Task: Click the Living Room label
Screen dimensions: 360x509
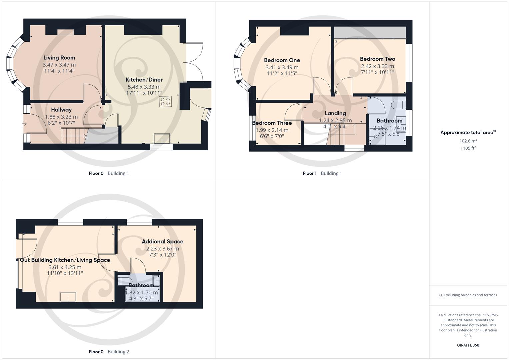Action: click(59, 58)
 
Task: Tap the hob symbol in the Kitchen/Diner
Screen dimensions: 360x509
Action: click(166, 102)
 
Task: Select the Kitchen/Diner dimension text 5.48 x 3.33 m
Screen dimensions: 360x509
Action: click(144, 87)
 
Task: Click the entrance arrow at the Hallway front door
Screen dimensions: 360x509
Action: click(24, 124)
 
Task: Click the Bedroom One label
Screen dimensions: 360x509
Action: click(282, 60)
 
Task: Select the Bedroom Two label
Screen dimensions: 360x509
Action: click(377, 59)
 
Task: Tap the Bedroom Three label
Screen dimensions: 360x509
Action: click(272, 123)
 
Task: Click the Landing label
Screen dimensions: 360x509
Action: click(335, 113)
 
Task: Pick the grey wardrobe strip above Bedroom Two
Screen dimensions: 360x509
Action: click(370, 33)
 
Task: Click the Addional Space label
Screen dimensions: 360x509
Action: click(163, 242)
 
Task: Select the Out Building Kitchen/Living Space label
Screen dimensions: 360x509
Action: click(65, 260)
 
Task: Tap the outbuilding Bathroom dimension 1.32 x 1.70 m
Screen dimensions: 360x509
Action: click(141, 292)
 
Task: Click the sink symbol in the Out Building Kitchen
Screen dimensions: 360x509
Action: click(68, 297)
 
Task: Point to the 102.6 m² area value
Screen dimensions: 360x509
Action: click(468, 141)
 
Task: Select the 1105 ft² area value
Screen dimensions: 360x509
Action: click(468, 148)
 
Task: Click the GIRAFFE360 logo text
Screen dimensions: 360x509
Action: click(468, 345)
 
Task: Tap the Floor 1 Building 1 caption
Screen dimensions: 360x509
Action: click(322, 173)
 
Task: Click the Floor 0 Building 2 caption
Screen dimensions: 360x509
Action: click(109, 352)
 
